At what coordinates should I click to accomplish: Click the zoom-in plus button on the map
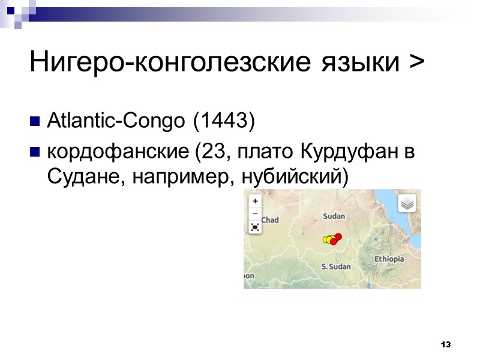tap(255, 202)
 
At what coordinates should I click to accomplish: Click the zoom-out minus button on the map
tap(255, 213)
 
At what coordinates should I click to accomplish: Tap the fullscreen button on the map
tap(255, 227)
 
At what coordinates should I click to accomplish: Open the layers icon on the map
tap(407, 203)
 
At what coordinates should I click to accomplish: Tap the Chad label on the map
tap(269, 220)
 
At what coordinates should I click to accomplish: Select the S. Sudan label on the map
tap(336, 266)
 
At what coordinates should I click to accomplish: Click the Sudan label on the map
tap(334, 216)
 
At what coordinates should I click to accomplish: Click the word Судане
tap(75, 178)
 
